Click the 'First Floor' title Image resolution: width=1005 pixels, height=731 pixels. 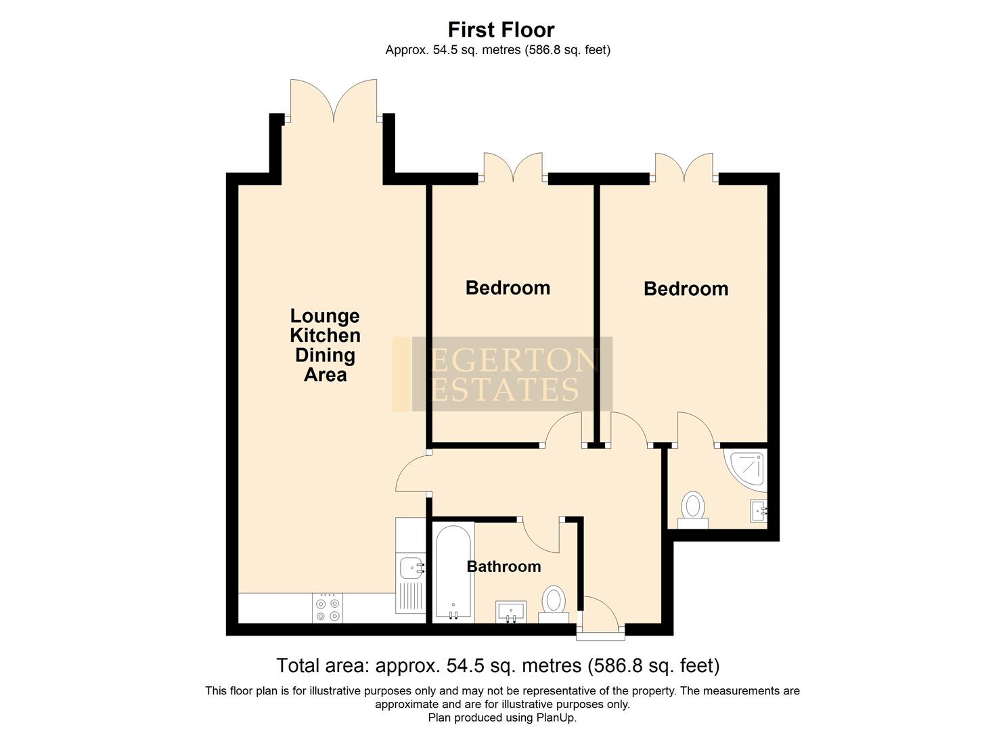501,30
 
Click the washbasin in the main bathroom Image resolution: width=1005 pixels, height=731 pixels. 511,611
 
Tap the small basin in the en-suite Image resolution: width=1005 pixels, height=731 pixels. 759,510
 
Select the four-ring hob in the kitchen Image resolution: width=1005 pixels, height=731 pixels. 328,608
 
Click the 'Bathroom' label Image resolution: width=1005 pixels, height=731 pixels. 504,567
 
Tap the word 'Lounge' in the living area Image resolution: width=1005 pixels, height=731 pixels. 325,316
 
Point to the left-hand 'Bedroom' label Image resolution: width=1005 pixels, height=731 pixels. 508,288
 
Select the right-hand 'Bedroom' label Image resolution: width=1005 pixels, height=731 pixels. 686,288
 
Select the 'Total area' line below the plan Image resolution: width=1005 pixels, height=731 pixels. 497,665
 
